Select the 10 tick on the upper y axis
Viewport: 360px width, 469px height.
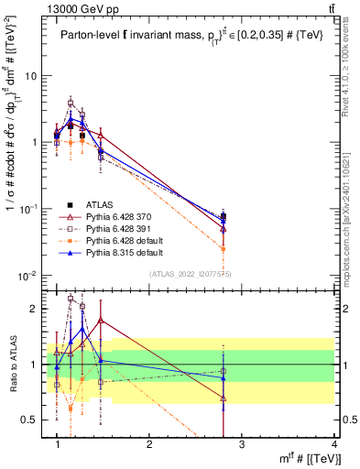[32, 76]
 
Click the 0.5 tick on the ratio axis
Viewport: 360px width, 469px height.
[30, 420]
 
